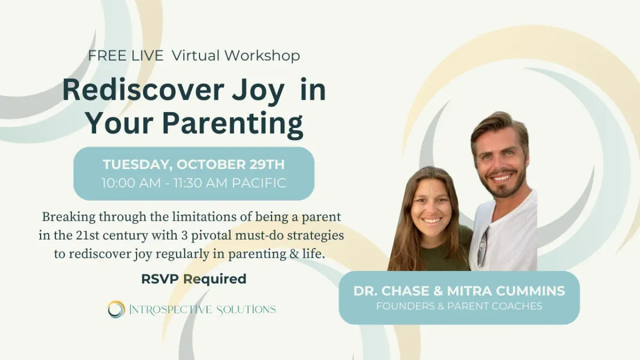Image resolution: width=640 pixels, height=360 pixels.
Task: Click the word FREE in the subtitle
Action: (107, 55)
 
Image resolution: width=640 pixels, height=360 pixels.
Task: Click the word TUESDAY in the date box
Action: (138, 165)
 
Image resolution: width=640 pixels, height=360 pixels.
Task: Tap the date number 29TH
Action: (267, 164)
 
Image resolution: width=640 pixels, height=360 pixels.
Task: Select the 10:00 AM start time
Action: (131, 183)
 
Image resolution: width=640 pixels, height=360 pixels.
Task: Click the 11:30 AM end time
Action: (201, 183)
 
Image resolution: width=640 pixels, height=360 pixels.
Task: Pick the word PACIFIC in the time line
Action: (259, 183)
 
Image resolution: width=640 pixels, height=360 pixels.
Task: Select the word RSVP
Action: (160, 279)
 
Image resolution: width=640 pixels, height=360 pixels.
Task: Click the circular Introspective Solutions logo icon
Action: (116, 309)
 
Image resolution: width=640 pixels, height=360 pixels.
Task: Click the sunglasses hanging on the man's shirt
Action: (483, 247)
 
